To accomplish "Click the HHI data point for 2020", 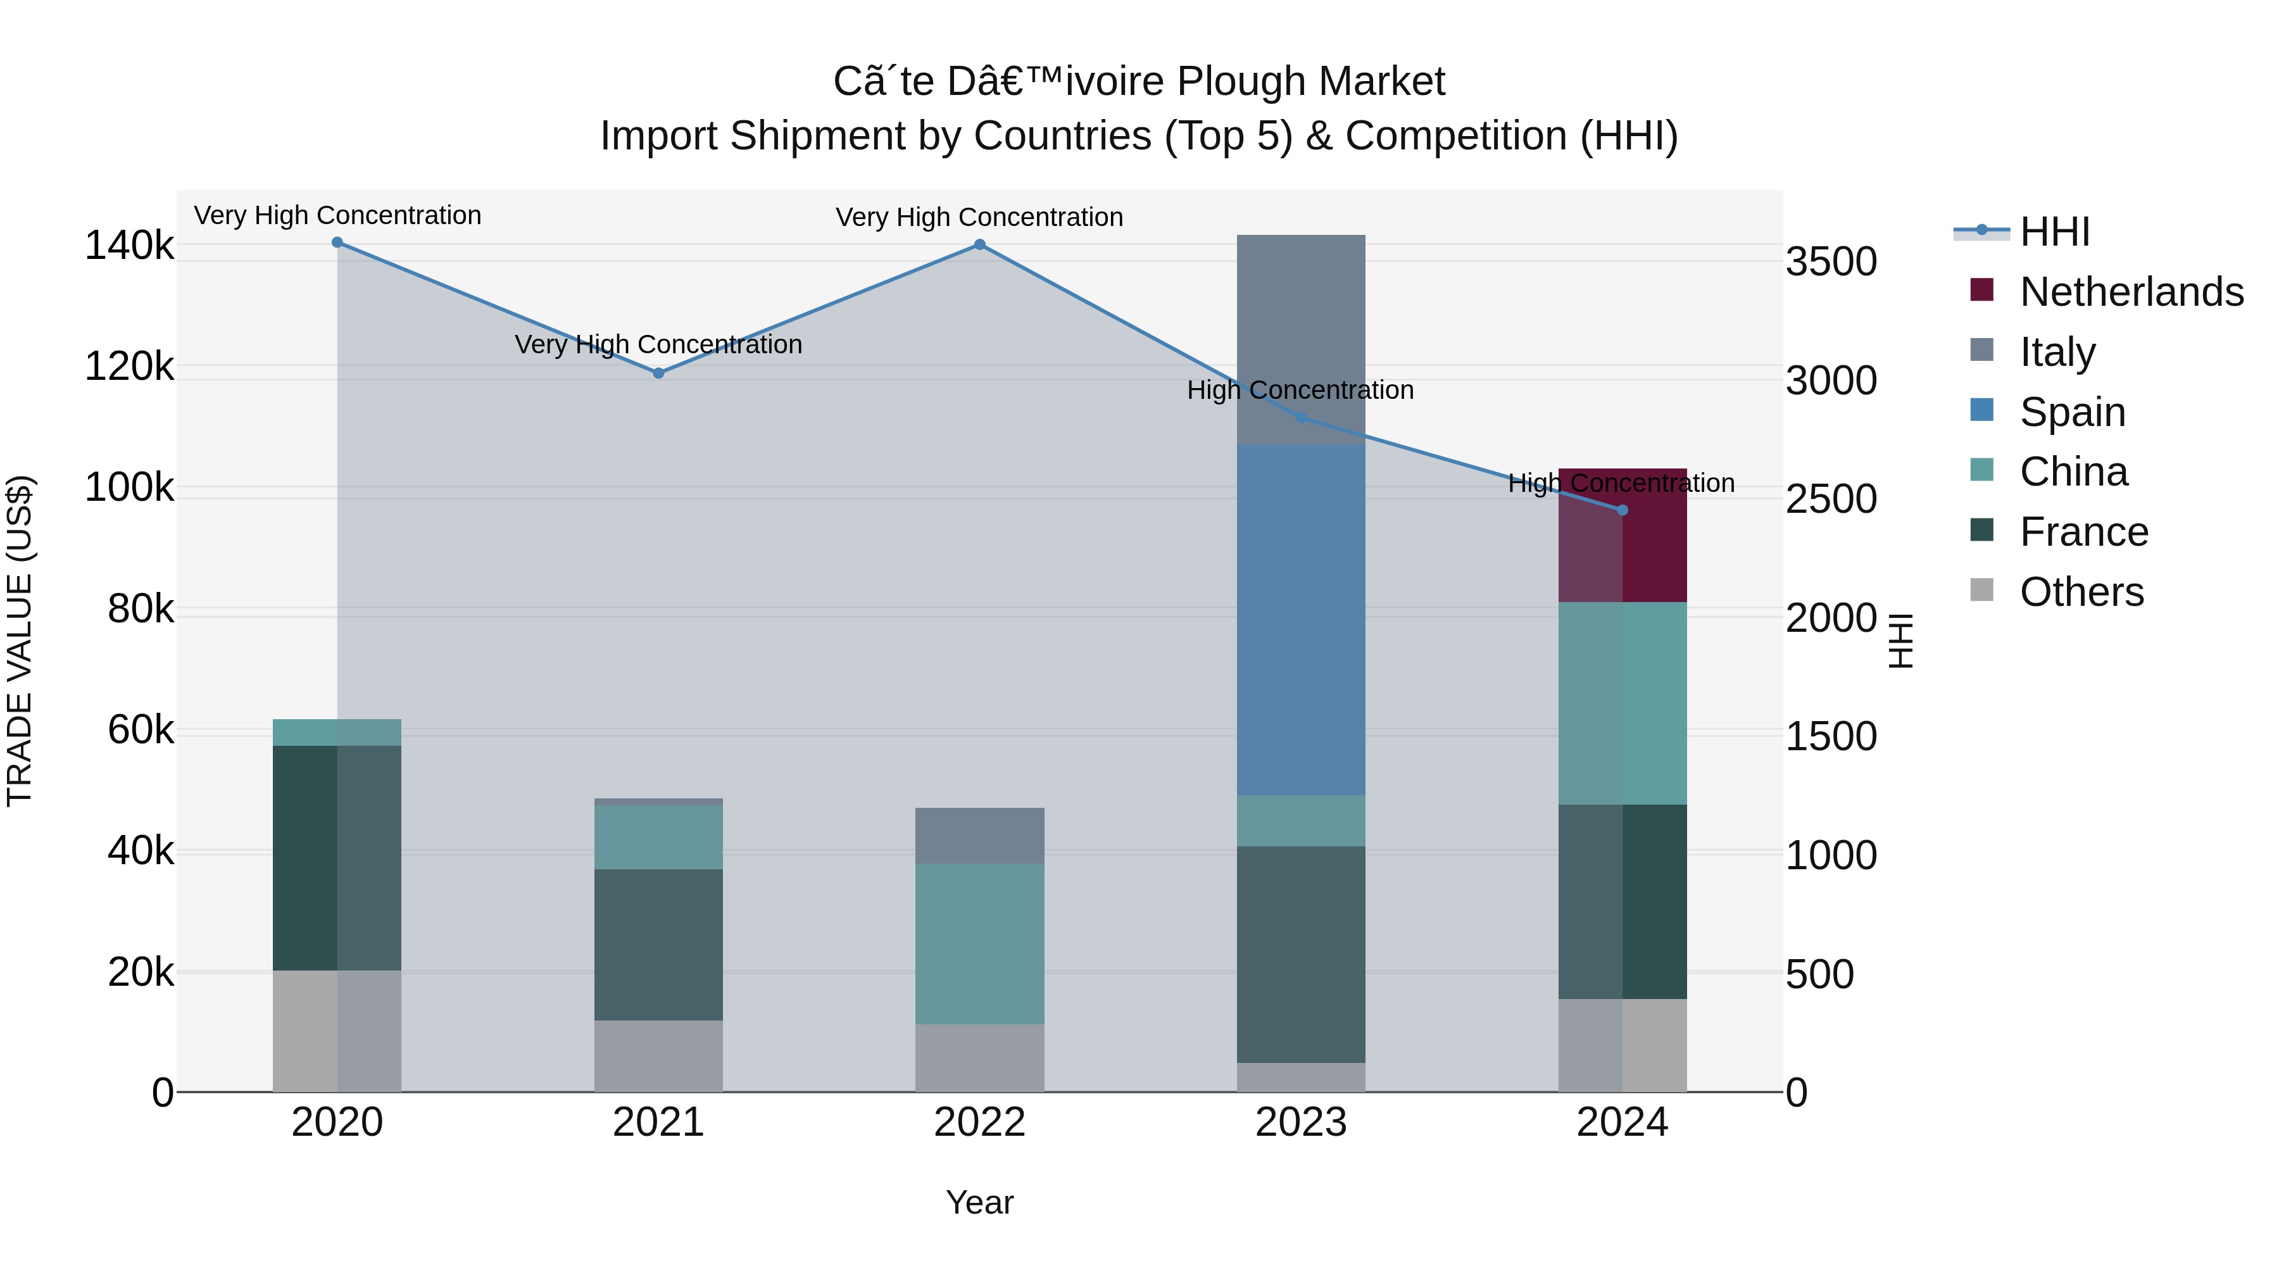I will [337, 242].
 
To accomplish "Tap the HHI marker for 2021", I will [658, 374].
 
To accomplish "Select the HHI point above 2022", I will [979, 245].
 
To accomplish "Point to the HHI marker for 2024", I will [1622, 510].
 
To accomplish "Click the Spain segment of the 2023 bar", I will [1300, 619].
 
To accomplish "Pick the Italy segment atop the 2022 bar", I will [979, 835].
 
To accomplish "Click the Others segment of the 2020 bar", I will [337, 1031].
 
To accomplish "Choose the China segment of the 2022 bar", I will [979, 943].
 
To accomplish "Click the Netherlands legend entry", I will [2130, 292].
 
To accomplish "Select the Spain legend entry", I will [2071, 412].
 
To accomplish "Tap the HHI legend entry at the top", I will [2054, 232].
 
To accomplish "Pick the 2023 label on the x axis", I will [1300, 1122].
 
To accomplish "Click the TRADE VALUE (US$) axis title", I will [20, 641].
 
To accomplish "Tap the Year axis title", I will [979, 1202].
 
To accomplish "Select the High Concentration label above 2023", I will [1300, 390].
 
